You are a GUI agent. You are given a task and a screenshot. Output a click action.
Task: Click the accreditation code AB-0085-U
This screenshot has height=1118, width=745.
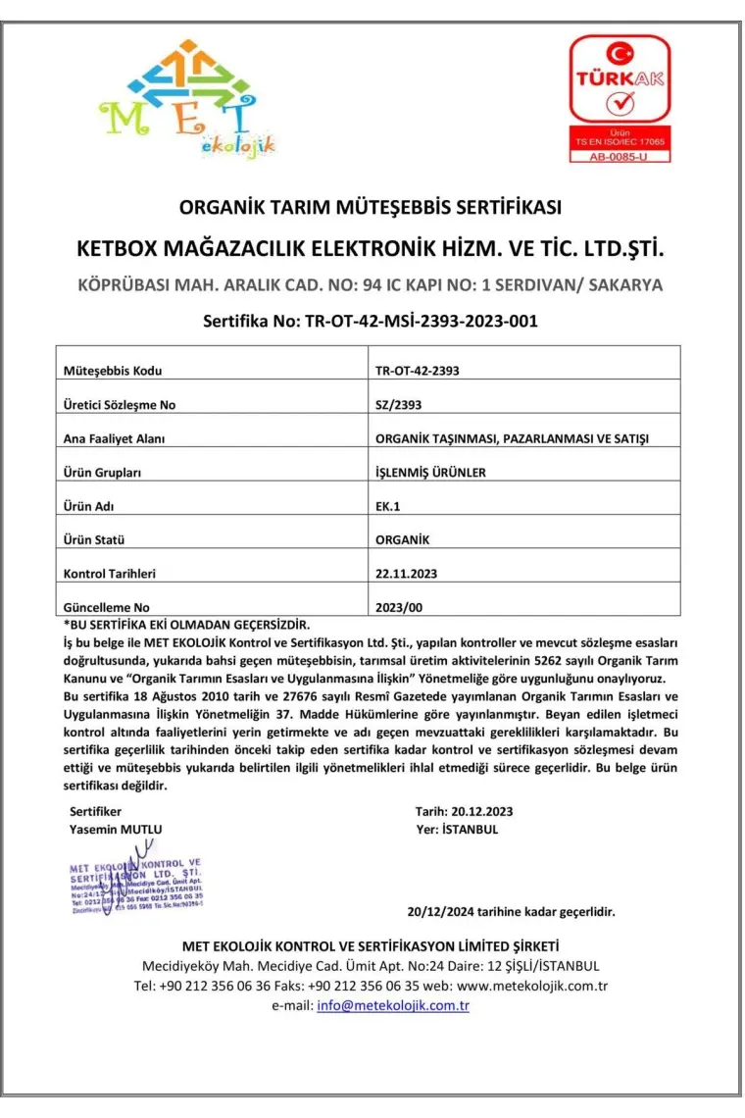pyautogui.click(x=620, y=156)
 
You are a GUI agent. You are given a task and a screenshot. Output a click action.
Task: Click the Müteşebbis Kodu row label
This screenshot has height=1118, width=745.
pyautogui.click(x=113, y=371)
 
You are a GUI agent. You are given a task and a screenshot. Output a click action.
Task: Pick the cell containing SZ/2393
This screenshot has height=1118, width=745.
pyautogui.click(x=399, y=404)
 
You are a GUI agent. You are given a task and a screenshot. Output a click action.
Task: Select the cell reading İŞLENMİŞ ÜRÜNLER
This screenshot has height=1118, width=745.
pyautogui.click(x=430, y=472)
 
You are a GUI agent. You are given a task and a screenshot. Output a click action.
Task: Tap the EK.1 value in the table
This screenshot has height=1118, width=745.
pyautogui.click(x=388, y=505)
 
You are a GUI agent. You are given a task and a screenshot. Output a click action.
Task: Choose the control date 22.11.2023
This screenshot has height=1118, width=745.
pyautogui.click(x=407, y=573)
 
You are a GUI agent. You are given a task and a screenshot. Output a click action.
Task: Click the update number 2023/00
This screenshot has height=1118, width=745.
pyautogui.click(x=399, y=607)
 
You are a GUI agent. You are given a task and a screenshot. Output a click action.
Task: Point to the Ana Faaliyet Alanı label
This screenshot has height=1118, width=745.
pyautogui.click(x=114, y=438)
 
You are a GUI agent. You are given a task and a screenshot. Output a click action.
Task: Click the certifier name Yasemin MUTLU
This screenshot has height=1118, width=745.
pyautogui.click(x=116, y=829)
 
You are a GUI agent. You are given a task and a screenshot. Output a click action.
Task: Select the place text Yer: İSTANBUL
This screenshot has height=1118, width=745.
pyautogui.click(x=457, y=829)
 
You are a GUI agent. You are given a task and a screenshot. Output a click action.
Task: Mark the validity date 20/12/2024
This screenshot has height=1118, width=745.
pyautogui.click(x=441, y=911)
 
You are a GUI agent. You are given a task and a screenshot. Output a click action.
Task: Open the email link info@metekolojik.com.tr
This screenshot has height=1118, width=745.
pyautogui.click(x=393, y=1005)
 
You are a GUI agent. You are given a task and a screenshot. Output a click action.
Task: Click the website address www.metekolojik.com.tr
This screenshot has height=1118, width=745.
pyautogui.click(x=533, y=986)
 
